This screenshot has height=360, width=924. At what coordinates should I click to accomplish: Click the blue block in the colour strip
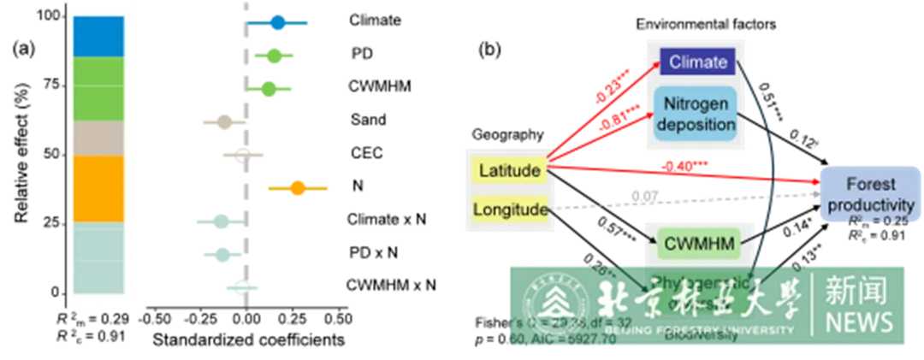(99, 36)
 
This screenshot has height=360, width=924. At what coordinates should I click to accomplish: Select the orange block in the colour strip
(99, 188)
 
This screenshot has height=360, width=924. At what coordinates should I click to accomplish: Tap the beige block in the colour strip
(99, 138)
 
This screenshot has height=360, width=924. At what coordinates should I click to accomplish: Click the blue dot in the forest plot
(276, 23)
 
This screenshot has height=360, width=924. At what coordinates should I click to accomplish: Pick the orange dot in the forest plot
(297, 188)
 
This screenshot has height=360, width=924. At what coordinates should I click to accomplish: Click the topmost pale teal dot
(222, 222)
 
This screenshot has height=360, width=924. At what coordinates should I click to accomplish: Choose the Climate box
(698, 62)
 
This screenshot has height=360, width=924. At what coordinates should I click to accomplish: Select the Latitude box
(509, 170)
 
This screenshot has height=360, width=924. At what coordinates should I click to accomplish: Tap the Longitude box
(509, 210)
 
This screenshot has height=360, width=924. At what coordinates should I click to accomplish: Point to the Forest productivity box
(870, 194)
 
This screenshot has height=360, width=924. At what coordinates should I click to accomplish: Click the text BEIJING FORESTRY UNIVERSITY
(698, 329)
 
